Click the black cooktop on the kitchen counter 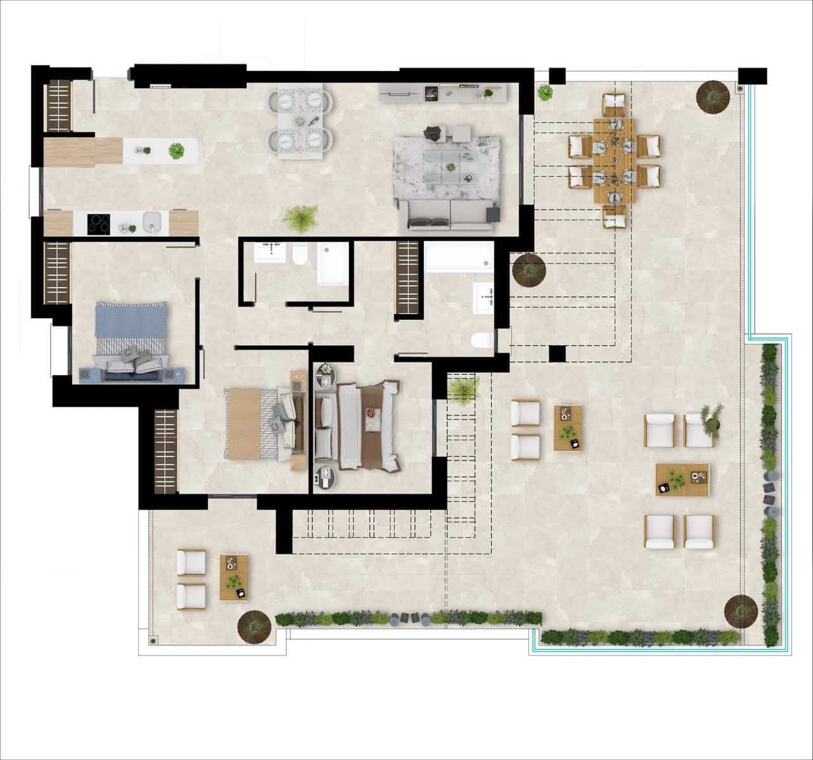98,224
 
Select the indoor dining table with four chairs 300,120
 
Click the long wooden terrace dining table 614,160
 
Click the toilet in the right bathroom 482,341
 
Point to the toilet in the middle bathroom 300,255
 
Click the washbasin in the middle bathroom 270,251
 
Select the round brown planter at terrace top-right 714,96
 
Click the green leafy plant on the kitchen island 176,151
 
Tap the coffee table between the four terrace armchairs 682,479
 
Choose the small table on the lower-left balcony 234,577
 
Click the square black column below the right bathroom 557,353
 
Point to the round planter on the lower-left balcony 254,626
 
